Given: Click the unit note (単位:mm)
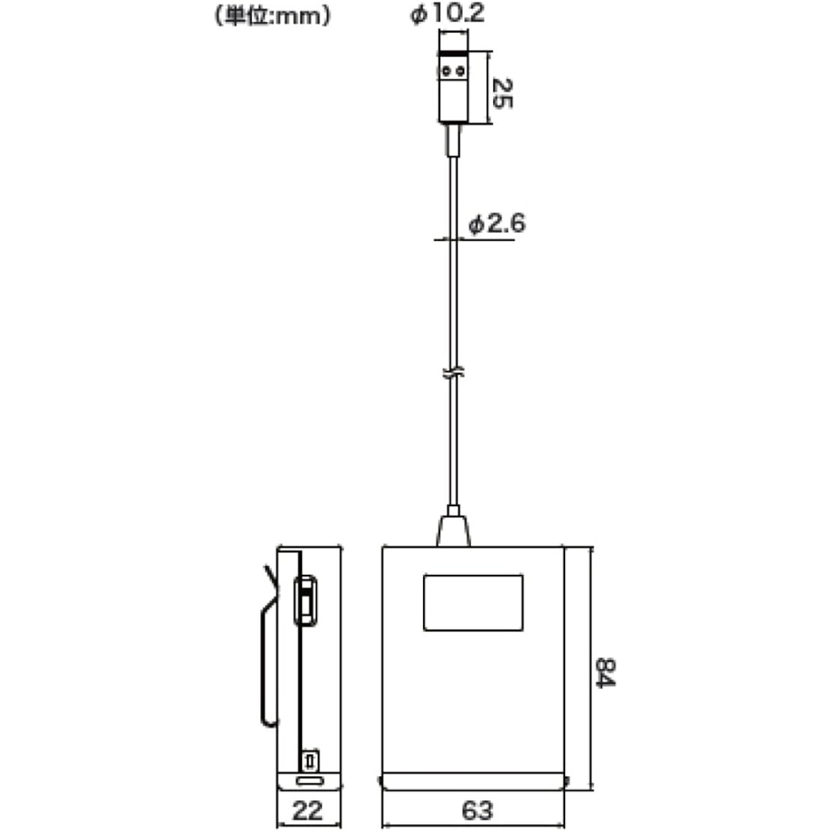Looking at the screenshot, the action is (x=273, y=17).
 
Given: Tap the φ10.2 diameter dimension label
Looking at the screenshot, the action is (x=447, y=13).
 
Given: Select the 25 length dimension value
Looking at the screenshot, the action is (x=501, y=93).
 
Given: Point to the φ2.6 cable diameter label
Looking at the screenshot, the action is (x=497, y=224).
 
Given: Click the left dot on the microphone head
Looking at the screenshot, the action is (x=447, y=71).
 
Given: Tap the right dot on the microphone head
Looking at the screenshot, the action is (x=461, y=71).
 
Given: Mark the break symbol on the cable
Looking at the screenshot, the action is (x=453, y=372).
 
